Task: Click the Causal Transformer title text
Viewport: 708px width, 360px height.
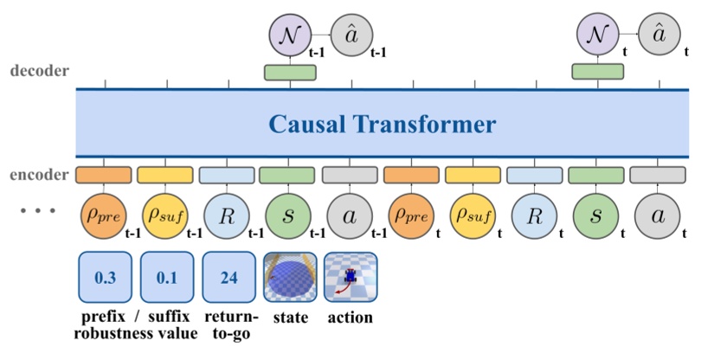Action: pos(381,125)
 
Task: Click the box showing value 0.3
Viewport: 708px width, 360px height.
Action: pos(104,278)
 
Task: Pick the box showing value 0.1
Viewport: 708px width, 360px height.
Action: pos(165,278)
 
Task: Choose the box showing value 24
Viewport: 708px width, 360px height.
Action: pos(228,278)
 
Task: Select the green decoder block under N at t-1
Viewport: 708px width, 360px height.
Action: pos(289,72)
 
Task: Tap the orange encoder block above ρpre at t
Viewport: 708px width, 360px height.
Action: pos(411,175)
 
